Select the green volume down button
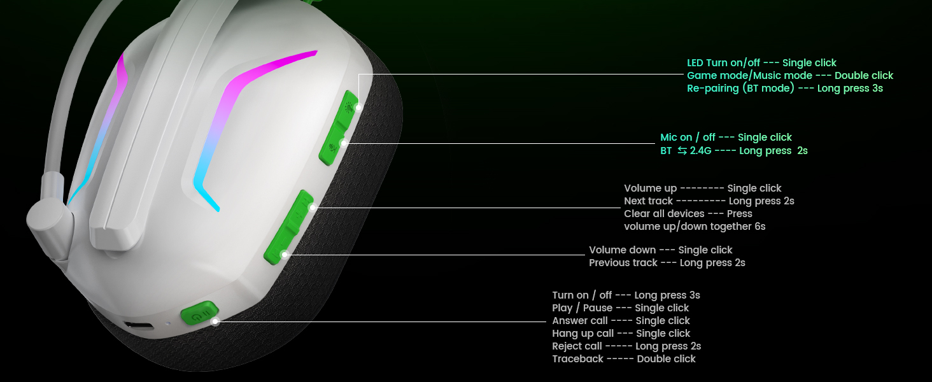[278, 249]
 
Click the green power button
[199, 314]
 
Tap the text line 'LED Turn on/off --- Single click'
[761, 63]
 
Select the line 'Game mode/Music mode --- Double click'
[790, 76]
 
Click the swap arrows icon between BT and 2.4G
[682, 151]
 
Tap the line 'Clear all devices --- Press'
[688, 214]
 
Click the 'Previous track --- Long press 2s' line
[667, 263]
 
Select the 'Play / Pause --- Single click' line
[620, 308]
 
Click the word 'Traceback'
[577, 358]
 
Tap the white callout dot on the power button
[215, 322]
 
